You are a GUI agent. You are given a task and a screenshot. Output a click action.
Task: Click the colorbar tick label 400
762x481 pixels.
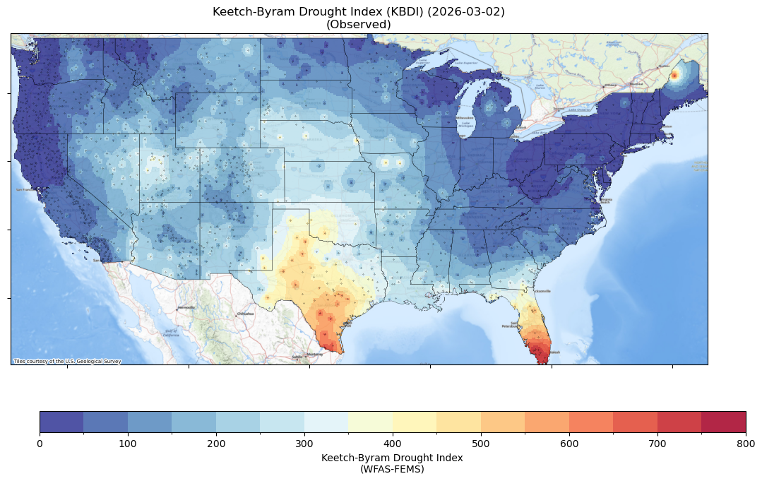click(x=393, y=443)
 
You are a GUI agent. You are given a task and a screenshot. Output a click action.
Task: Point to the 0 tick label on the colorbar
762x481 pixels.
click(x=40, y=443)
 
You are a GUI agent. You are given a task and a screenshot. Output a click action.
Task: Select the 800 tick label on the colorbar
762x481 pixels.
click(x=745, y=443)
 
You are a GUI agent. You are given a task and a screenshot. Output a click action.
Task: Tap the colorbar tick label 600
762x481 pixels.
click(x=569, y=443)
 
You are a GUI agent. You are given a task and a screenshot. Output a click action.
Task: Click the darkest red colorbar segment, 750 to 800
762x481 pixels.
click(x=723, y=422)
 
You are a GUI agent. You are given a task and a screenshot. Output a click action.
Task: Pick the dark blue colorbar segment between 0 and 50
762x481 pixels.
click(x=61, y=422)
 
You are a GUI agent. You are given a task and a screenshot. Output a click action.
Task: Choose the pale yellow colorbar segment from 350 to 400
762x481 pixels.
click(x=370, y=422)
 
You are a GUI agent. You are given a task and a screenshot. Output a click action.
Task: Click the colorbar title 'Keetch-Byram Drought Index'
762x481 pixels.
click(x=392, y=458)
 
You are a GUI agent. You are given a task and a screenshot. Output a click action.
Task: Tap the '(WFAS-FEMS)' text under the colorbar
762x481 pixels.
click(x=392, y=468)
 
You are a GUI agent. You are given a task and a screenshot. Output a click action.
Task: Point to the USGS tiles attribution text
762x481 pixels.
click(x=67, y=362)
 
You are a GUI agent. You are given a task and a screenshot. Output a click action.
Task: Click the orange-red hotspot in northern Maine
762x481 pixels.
click(x=674, y=75)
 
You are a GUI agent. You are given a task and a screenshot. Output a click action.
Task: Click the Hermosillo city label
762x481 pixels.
click(x=186, y=308)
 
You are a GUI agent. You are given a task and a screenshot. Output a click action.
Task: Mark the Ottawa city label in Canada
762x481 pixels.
click(x=609, y=85)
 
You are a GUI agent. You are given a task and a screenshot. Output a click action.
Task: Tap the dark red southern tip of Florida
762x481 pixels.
click(x=542, y=355)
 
